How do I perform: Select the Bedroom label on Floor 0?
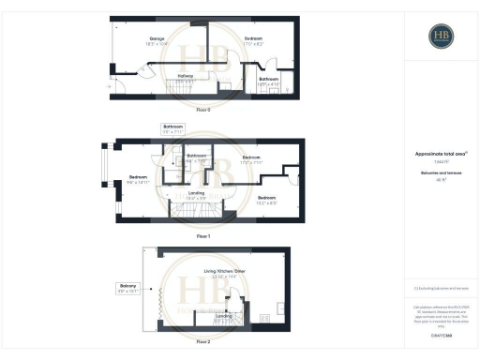point(253,40)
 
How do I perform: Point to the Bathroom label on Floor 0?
point(269,81)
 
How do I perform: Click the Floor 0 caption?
point(203,110)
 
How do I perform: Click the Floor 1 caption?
point(203,235)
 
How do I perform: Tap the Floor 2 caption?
point(203,343)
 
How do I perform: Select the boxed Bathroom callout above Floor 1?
point(173,128)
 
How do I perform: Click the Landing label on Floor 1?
point(195,196)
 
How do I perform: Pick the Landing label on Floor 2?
point(224,318)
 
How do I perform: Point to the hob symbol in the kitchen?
point(265,319)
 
